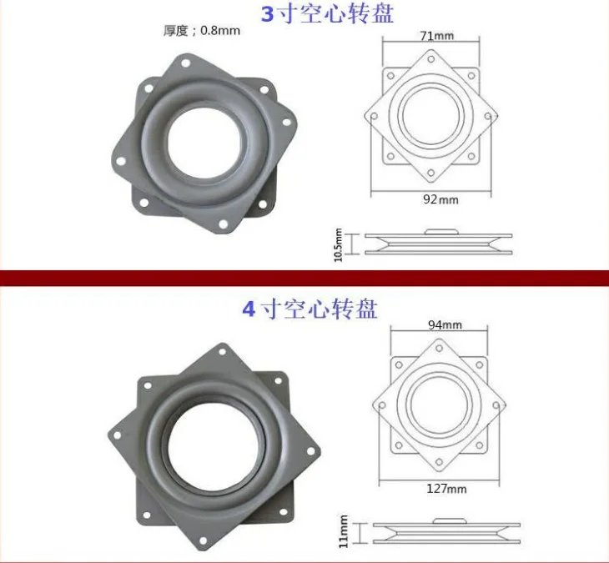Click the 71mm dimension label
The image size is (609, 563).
pyautogui.click(x=436, y=36)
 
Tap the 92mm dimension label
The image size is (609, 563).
pyautogui.click(x=440, y=199)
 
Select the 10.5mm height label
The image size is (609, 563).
pyautogui.click(x=339, y=245)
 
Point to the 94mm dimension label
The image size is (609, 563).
pyautogui.click(x=445, y=324)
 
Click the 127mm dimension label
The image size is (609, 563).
pyautogui.click(x=446, y=489)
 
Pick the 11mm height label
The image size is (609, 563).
pyautogui.click(x=344, y=531)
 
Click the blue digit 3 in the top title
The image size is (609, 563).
pyautogui.click(x=267, y=14)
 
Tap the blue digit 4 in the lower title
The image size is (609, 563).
pyautogui.click(x=249, y=309)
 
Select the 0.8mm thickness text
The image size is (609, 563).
pyautogui.click(x=220, y=30)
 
